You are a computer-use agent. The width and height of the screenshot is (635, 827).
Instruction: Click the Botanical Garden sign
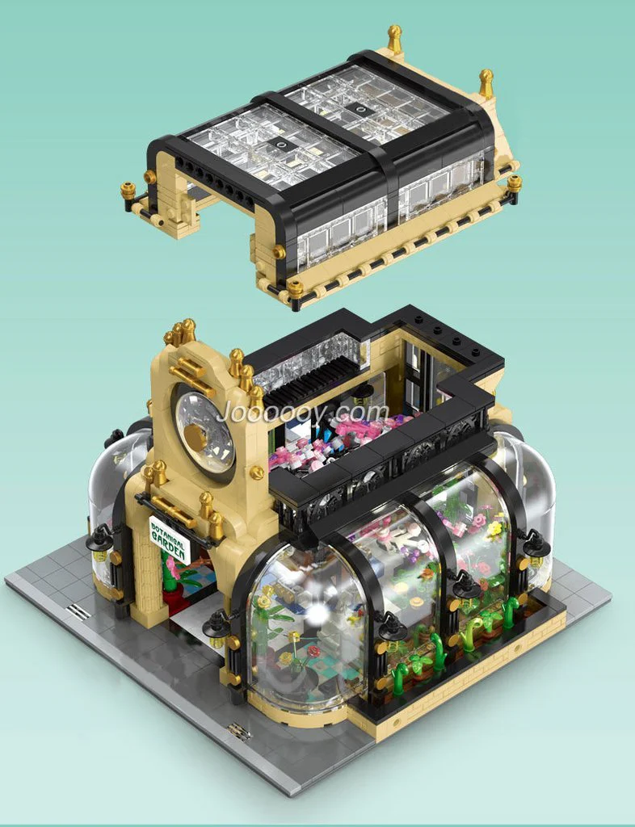[x=170, y=540]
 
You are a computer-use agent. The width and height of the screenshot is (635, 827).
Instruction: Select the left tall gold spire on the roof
[x=394, y=38]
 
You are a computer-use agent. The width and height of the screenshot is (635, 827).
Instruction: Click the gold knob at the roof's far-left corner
[x=128, y=191]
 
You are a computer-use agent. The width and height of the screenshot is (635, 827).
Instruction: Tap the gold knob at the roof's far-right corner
[x=514, y=183]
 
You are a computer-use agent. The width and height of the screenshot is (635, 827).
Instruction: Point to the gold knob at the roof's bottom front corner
[x=295, y=288]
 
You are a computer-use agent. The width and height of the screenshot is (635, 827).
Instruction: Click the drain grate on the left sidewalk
[x=78, y=612]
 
